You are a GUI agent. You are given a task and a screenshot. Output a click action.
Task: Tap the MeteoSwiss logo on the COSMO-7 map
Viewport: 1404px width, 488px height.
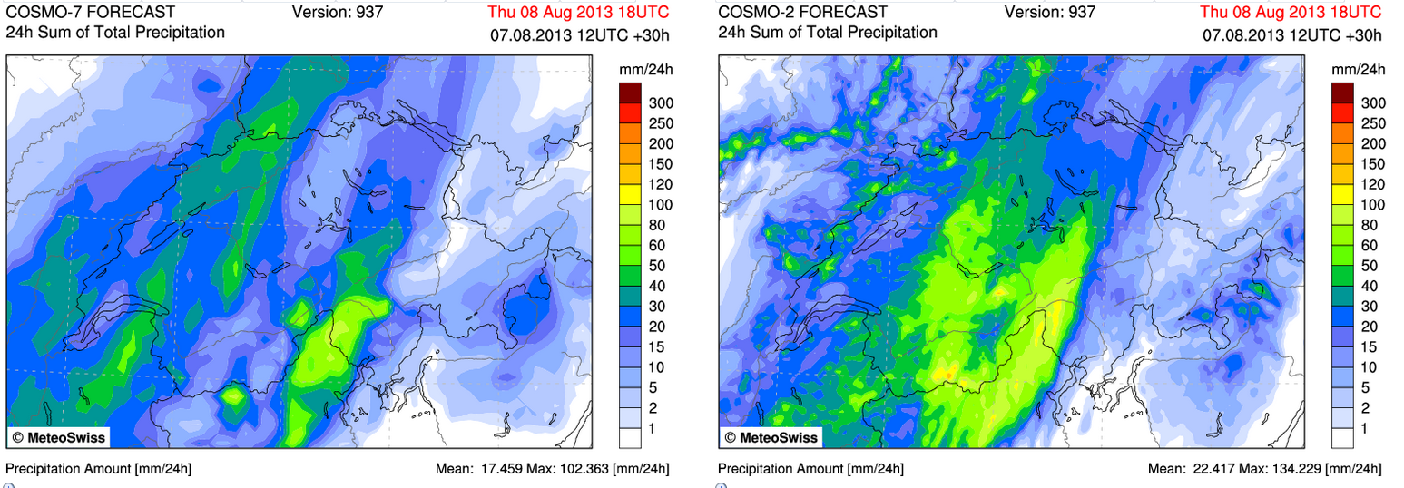pos(58,437)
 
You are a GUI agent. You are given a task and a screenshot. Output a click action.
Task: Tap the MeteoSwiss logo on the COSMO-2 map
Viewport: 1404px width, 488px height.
pos(771,437)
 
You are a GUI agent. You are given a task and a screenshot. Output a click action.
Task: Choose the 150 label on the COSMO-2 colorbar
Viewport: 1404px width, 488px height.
pos(1372,164)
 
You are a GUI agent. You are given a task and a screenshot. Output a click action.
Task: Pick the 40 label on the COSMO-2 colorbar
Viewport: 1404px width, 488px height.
pos(1369,286)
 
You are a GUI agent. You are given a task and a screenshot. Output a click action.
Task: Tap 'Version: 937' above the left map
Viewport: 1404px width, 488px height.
pos(338,12)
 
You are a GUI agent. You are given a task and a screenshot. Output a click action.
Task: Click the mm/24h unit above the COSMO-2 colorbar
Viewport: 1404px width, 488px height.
pos(1359,69)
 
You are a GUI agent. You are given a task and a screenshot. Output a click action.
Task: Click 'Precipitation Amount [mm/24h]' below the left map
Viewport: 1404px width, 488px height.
pos(98,469)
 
